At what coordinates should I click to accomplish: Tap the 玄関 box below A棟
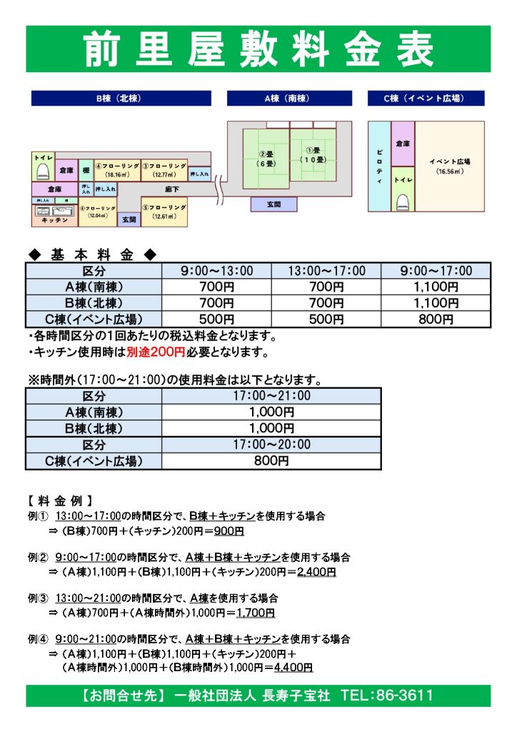pos(273,204)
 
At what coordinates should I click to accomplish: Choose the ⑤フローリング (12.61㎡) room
pos(164,211)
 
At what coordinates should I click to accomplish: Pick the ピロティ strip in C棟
pos(379,166)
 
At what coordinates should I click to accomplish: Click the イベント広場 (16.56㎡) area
pos(449,166)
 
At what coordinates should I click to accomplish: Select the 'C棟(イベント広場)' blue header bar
pos(425,99)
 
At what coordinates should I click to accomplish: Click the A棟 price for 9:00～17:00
pos(436,287)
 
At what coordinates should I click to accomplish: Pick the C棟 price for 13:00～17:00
pos(326,319)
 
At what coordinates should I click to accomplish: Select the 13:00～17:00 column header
pos(326,271)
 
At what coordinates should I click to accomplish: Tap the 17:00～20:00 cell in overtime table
pos(272,445)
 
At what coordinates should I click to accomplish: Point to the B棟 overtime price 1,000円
pos(272,428)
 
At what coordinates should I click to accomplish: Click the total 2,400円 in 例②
pos(316,572)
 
